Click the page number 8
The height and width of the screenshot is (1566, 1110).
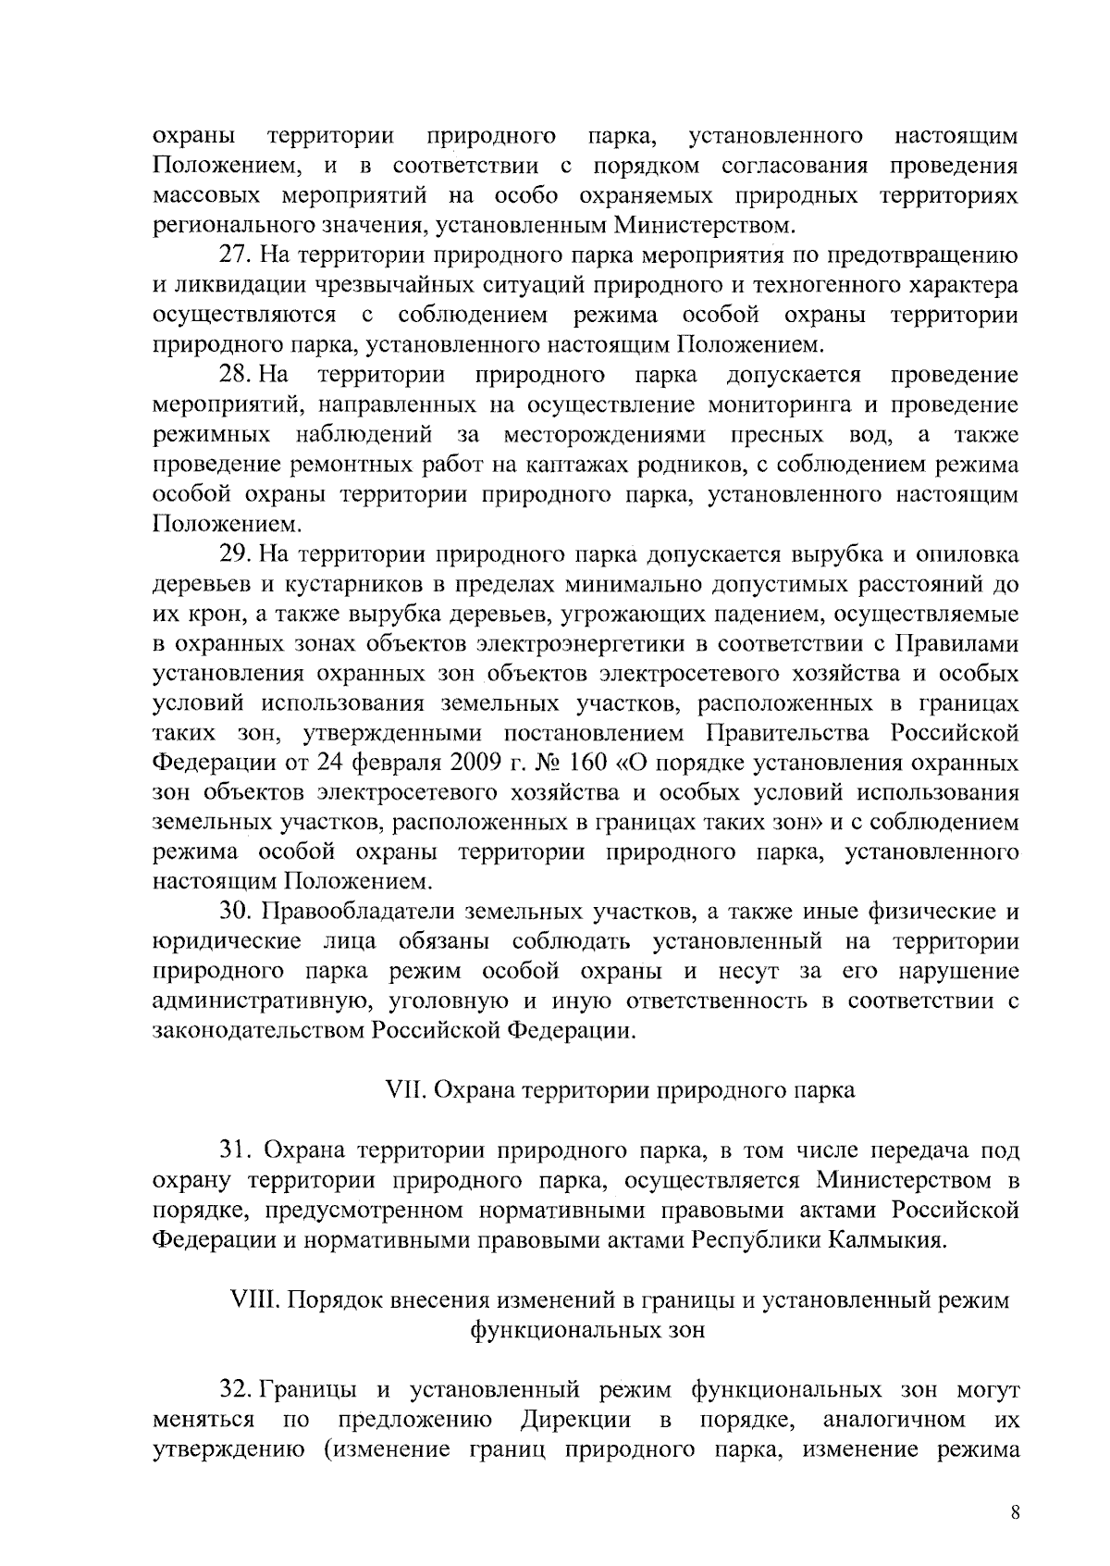(1015, 1513)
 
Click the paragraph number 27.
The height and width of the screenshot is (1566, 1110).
(232, 255)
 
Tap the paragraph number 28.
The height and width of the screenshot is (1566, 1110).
(232, 375)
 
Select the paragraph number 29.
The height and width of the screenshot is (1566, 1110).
(232, 554)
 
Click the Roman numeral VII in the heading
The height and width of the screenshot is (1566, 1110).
(404, 1089)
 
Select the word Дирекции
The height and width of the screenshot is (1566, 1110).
(575, 1419)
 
